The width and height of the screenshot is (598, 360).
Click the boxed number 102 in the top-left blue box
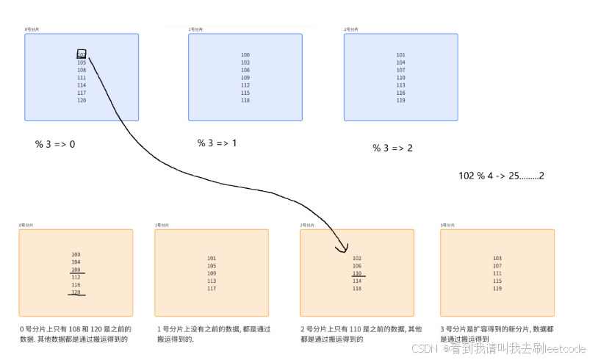[82, 54]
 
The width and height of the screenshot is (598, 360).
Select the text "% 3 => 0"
[54, 144]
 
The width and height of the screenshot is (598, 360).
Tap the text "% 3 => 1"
[217, 143]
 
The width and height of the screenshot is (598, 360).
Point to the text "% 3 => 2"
[392, 148]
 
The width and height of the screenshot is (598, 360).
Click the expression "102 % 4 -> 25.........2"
[501, 176]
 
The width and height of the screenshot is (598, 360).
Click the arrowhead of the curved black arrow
[343, 249]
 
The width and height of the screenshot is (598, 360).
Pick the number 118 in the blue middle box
[245, 100]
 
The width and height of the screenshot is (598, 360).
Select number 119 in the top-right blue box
[400, 100]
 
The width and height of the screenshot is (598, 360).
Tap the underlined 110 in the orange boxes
[357, 273]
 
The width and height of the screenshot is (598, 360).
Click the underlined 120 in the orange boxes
[76, 292]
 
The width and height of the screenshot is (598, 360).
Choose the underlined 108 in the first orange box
[76, 270]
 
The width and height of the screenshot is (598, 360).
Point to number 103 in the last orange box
[497, 258]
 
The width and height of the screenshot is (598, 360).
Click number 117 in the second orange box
[212, 288]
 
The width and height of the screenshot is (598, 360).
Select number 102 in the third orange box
[357, 258]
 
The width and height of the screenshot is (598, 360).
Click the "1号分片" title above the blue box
[195, 29]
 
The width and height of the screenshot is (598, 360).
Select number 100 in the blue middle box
[245, 55]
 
